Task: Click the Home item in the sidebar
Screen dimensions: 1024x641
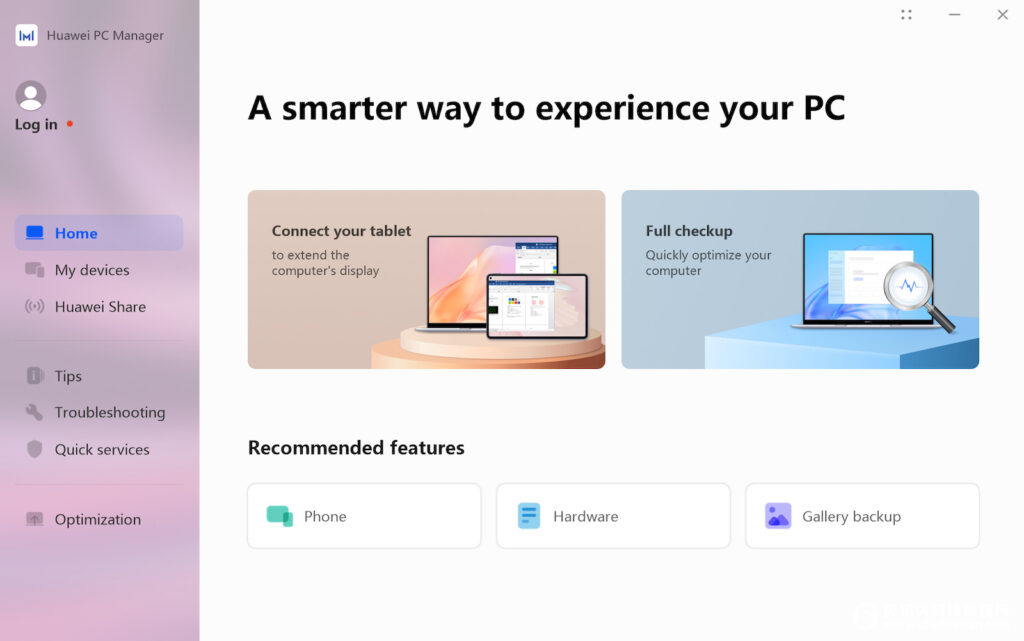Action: click(x=99, y=233)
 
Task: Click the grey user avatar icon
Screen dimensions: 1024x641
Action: click(x=31, y=96)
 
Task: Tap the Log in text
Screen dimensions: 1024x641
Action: click(x=36, y=125)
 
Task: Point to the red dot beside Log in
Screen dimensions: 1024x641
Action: click(x=70, y=123)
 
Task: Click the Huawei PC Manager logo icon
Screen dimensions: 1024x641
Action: click(x=27, y=35)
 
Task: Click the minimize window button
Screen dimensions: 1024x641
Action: click(x=954, y=14)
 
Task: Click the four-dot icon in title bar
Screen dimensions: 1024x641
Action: click(x=906, y=14)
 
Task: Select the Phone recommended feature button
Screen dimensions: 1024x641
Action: click(x=364, y=516)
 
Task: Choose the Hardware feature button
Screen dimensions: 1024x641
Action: click(x=613, y=516)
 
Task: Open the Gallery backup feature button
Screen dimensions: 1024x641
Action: click(x=862, y=516)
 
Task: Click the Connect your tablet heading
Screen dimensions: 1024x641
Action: click(x=342, y=231)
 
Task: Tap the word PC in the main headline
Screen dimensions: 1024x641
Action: click(x=824, y=108)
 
